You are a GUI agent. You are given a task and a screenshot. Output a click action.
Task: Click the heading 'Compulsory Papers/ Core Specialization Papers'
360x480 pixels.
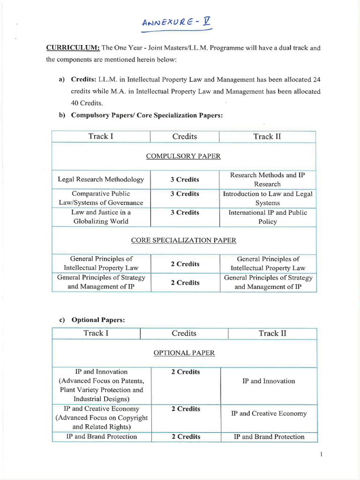[x=146, y=116]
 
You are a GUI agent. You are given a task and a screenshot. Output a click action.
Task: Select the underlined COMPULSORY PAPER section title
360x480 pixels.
[x=183, y=156]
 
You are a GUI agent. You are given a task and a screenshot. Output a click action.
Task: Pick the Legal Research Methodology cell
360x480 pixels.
[x=101, y=180]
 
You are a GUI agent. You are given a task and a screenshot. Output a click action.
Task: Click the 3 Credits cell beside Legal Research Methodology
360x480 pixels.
[x=185, y=180]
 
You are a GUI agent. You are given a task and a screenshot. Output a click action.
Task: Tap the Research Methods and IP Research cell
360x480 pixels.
[x=267, y=180]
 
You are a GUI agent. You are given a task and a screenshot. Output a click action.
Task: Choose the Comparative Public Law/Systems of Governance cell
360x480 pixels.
[x=101, y=198]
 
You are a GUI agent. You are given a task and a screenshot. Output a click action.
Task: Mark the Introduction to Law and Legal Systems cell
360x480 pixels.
[x=267, y=198]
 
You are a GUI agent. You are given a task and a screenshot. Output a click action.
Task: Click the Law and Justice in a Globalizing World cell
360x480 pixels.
[x=101, y=217]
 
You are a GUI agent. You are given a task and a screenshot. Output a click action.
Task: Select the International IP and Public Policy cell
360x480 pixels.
[x=267, y=217]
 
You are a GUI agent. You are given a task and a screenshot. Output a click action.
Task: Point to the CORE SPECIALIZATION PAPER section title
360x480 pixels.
[x=183, y=240]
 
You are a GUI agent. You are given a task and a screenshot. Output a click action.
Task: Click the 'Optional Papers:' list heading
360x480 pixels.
[x=98, y=320]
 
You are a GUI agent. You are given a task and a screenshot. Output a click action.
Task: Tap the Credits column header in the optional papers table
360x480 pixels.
[x=184, y=333]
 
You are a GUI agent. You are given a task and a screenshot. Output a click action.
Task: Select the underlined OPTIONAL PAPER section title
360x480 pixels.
[x=184, y=352]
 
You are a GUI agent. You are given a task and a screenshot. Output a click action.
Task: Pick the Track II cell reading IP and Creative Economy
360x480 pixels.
[x=269, y=413]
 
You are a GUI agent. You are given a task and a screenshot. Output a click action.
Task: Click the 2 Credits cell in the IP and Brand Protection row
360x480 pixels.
[x=186, y=436]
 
